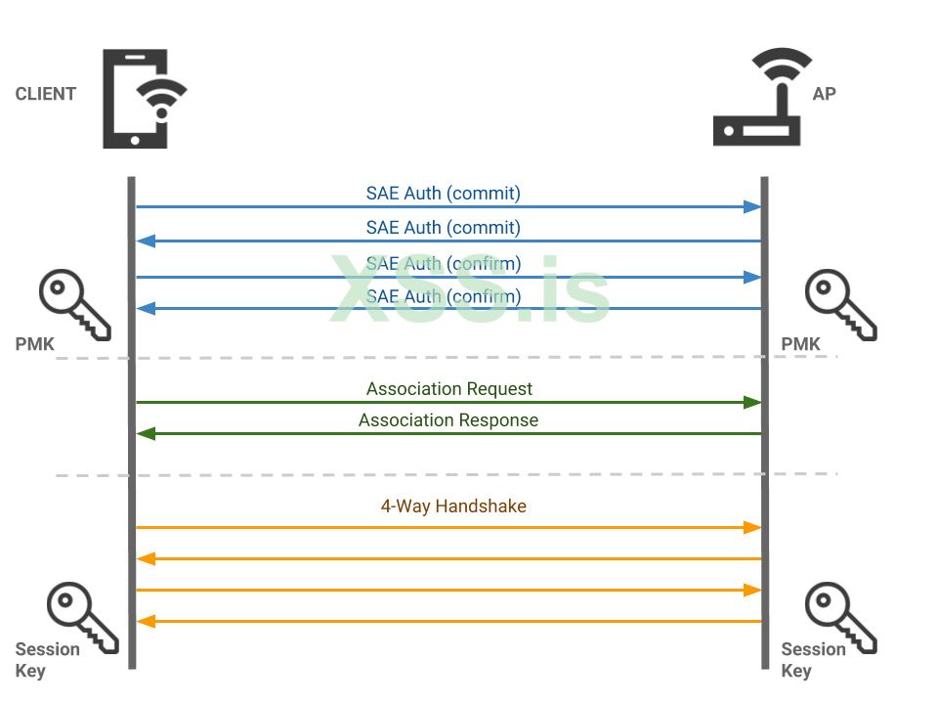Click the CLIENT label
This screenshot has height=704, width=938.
45,94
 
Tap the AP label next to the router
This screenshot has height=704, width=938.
824,94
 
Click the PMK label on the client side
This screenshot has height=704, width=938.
34,344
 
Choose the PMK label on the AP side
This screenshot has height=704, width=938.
800,344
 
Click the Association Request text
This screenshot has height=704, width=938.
448,389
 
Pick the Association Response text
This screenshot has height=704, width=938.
448,420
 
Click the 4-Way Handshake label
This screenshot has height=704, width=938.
452,506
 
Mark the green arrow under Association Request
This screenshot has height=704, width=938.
448,402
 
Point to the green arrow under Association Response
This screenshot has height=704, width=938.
448,433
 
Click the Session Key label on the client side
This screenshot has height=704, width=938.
47,660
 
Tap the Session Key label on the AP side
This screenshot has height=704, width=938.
813,660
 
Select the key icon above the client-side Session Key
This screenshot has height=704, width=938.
82,617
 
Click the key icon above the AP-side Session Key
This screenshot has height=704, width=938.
840,617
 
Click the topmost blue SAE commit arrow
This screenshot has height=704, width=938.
448,206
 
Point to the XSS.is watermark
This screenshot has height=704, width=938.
469,289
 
